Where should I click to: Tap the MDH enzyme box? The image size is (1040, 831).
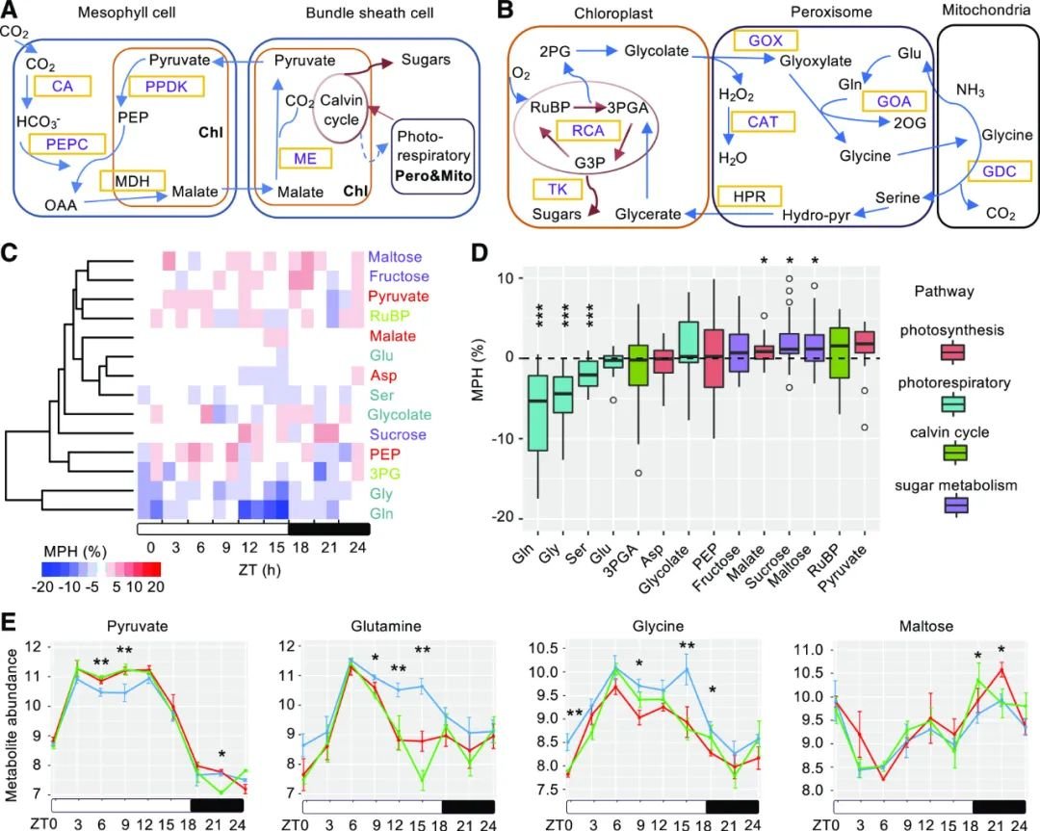point(132,180)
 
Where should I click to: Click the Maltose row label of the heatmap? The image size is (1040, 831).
point(393,258)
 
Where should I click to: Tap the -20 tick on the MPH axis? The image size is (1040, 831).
point(501,519)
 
